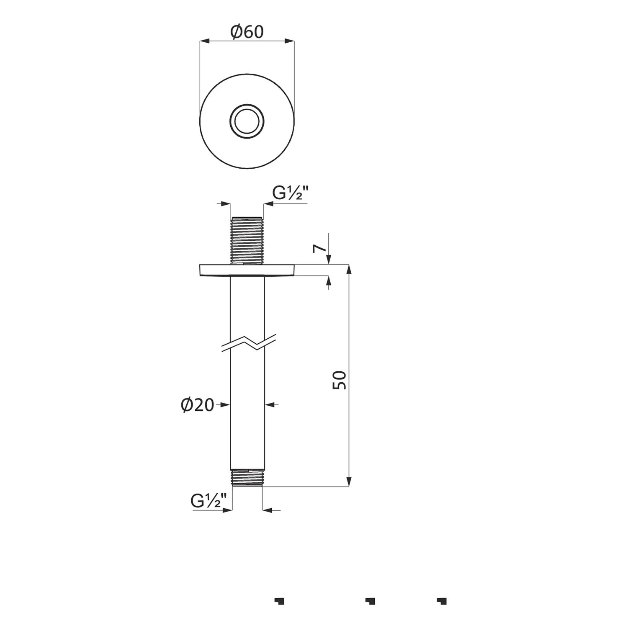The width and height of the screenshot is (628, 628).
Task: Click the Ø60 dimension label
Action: [x=247, y=32]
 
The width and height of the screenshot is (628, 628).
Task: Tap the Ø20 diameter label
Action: [x=198, y=405]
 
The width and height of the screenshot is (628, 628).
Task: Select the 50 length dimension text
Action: [x=340, y=380]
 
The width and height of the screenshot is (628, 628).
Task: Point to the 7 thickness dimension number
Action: [x=320, y=248]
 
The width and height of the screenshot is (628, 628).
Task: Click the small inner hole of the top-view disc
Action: [x=247, y=121]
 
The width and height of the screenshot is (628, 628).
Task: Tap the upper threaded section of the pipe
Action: [x=247, y=240]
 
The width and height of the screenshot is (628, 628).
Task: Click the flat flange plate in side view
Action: [x=247, y=270]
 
